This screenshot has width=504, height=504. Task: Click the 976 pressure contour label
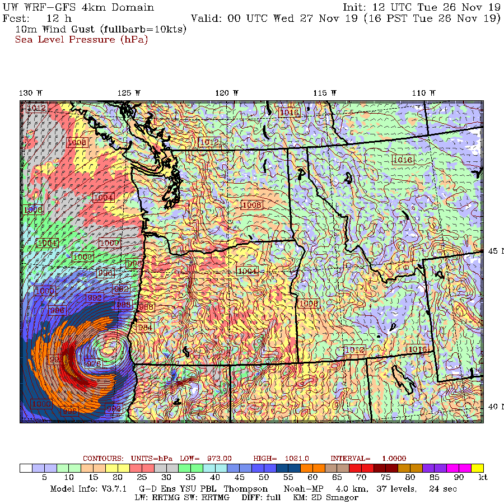pyautogui.click(x=94, y=364)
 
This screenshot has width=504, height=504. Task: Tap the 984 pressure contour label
pyautogui.click(x=145, y=328)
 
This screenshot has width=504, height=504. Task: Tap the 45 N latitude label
pyautogui.click(x=494, y=251)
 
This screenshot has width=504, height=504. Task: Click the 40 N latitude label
pyautogui.click(x=494, y=407)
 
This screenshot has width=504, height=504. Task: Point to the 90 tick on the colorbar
pyautogui.click(x=458, y=478)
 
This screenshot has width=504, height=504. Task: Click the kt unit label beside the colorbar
pyautogui.click(x=483, y=478)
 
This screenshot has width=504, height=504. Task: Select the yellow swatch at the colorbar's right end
pyautogui.click(x=477, y=468)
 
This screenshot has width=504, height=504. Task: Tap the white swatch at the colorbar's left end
pyautogui.click(x=26, y=468)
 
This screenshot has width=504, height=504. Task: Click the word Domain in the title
pyautogui.click(x=132, y=7)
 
